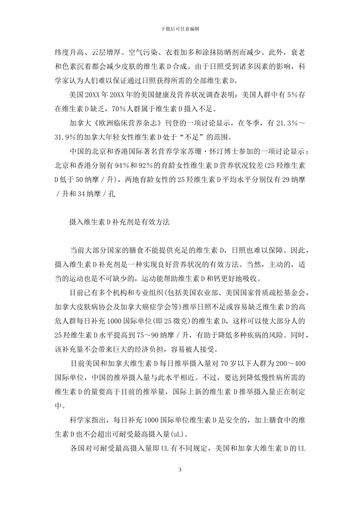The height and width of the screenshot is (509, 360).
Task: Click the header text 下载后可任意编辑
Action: tap(180, 29)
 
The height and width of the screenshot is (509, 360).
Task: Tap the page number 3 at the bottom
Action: tap(180, 470)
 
